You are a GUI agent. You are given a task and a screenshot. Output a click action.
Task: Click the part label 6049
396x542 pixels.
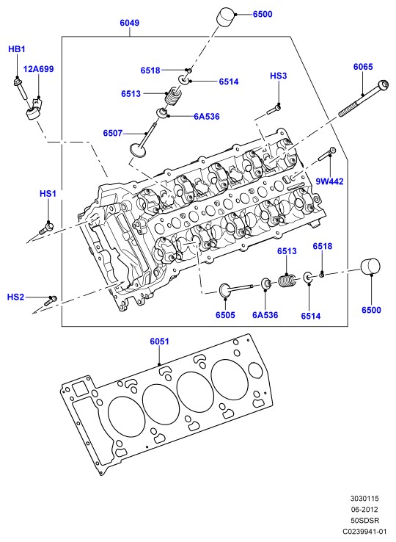(130, 23)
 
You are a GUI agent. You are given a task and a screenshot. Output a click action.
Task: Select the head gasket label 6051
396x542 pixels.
(160, 342)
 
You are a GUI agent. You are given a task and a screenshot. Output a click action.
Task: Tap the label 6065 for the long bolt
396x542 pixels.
(363, 66)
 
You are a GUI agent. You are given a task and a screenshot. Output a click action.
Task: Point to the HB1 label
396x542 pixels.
(17, 49)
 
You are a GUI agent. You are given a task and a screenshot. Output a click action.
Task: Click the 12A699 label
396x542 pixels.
(39, 69)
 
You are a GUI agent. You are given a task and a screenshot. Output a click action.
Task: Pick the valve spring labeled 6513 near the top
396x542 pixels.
(173, 96)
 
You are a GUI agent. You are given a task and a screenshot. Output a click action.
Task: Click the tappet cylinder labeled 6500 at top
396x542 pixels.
(225, 16)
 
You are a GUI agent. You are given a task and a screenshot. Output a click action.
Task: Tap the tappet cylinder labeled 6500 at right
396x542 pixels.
(370, 267)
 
